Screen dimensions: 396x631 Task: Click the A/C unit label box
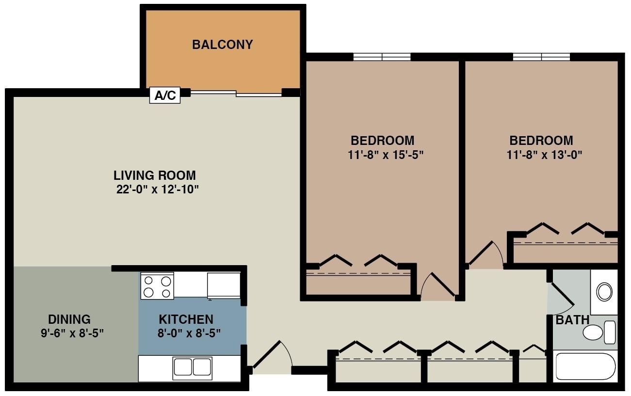click(x=165, y=95)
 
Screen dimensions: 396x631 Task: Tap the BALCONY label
click(x=222, y=45)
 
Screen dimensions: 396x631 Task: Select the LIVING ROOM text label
click(x=155, y=175)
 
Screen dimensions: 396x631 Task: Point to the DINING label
click(x=69, y=319)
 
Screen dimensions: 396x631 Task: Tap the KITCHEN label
click(x=186, y=319)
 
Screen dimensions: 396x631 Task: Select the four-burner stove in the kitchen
click(x=157, y=286)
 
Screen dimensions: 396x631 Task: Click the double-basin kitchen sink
click(x=193, y=367)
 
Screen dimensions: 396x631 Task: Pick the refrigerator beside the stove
click(x=224, y=285)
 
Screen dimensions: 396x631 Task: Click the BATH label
click(x=572, y=320)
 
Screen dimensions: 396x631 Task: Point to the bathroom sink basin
click(x=604, y=292)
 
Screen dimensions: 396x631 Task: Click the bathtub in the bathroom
click(x=585, y=367)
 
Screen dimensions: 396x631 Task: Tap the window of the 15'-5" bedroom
click(x=382, y=57)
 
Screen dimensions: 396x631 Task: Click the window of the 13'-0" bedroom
click(x=541, y=57)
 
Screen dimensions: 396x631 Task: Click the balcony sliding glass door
click(x=236, y=93)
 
